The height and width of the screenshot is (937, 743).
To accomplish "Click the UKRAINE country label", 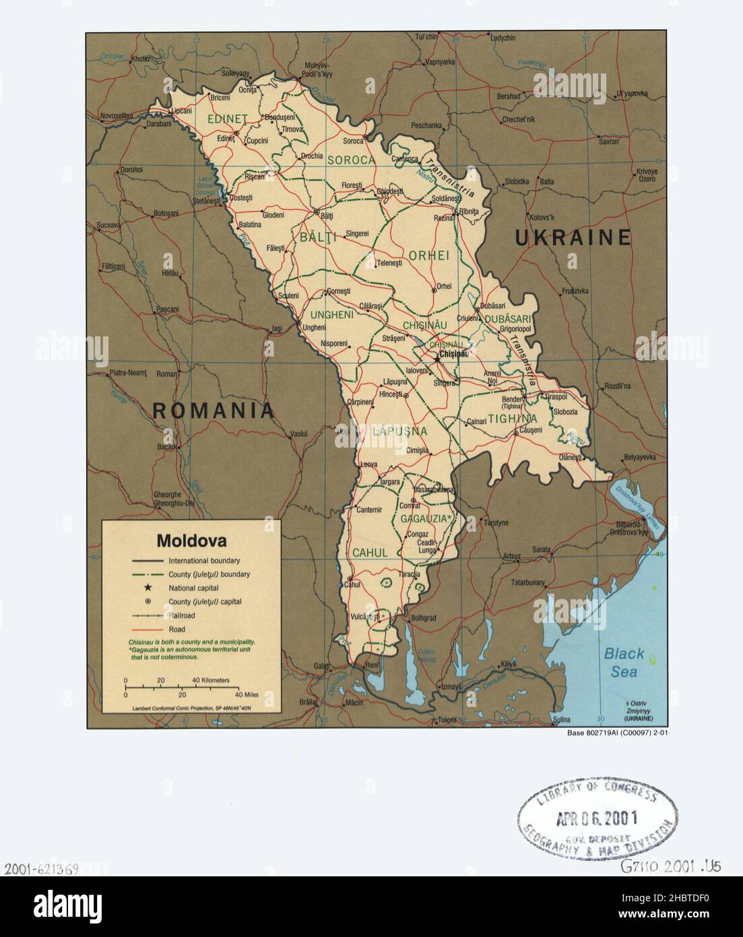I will (x=573, y=237).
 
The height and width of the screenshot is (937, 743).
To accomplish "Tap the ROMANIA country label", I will (x=214, y=410).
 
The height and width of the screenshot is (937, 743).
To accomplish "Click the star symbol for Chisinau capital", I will (x=437, y=359).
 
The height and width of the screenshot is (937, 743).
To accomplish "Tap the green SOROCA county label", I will (x=350, y=160).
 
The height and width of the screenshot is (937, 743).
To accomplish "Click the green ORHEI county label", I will (x=428, y=255).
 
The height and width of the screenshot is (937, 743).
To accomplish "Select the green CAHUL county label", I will (x=370, y=553).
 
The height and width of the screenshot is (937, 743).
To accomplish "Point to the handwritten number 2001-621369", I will (x=40, y=868).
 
